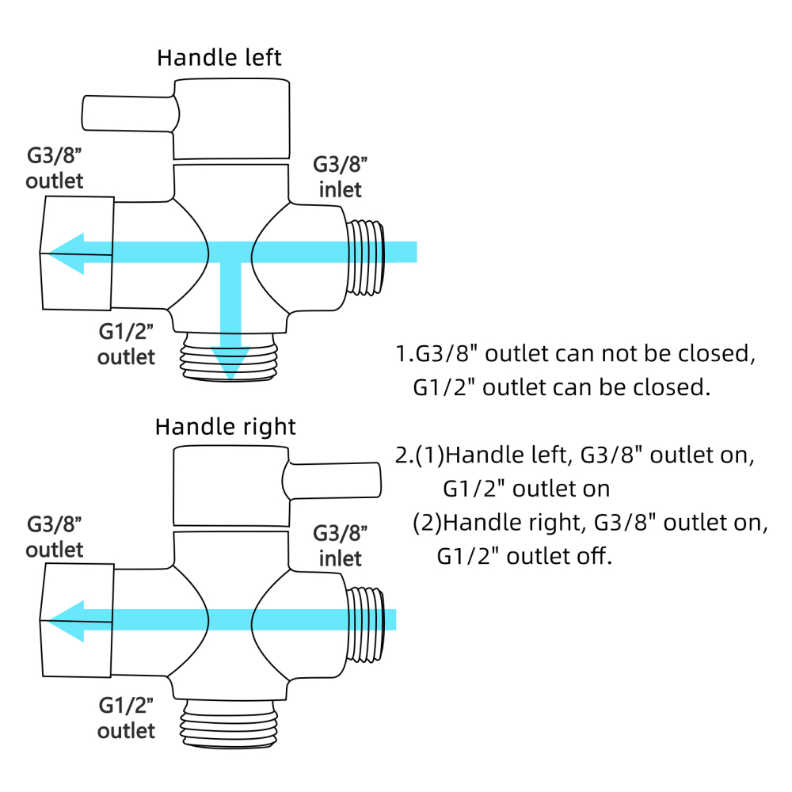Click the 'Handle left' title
click(x=219, y=58)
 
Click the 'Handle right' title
click(x=225, y=427)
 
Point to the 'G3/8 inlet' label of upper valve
click(x=341, y=177)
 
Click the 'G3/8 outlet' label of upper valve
click(x=54, y=167)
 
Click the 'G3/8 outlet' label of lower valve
click(x=55, y=536)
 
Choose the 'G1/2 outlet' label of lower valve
click(x=126, y=716)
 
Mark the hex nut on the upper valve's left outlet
click(x=77, y=253)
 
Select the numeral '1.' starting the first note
click(x=402, y=354)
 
